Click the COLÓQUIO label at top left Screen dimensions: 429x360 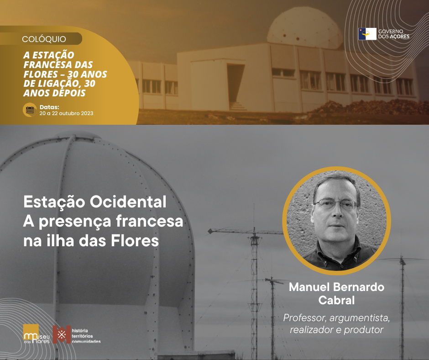click(44, 39)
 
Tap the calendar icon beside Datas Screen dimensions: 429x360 click(30, 110)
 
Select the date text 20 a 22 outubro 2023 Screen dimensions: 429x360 click(66, 113)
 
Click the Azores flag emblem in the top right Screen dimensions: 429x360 click(367, 34)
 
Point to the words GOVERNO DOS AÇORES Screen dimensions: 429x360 click(394, 34)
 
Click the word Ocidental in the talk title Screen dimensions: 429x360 click(128, 202)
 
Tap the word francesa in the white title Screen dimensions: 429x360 click(149, 221)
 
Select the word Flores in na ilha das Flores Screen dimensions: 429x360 click(135, 241)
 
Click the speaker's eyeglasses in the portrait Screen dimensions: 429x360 click(336, 204)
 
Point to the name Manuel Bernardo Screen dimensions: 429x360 click(336, 287)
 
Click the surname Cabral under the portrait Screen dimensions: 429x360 click(336, 300)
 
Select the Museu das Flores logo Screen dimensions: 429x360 click(37, 334)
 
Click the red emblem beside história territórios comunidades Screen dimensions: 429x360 click(62, 334)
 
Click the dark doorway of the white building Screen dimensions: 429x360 click(235, 83)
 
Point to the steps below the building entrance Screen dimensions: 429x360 click(237, 106)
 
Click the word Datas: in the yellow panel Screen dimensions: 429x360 click(49, 107)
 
